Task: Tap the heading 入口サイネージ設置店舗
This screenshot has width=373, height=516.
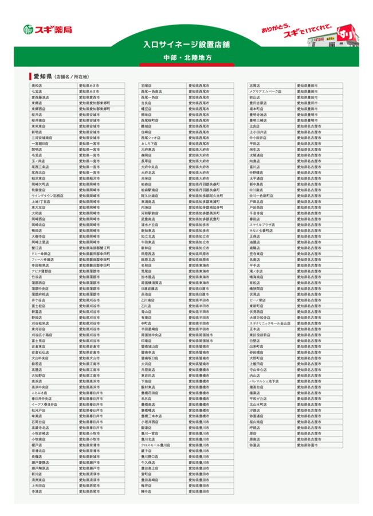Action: point(186,44)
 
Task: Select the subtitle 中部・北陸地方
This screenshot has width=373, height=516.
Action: point(186,58)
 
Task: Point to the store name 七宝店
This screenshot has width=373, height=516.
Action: point(37,91)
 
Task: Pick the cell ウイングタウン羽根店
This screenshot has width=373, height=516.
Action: point(48,196)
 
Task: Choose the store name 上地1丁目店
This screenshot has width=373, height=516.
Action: point(41,202)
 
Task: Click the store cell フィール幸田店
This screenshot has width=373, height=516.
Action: point(42,260)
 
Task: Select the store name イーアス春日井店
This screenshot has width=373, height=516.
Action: point(45,404)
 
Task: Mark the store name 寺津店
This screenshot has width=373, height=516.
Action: point(37,491)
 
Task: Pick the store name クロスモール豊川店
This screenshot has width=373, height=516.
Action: point(156,445)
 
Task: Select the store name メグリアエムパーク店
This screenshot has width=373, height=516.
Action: point(265,91)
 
